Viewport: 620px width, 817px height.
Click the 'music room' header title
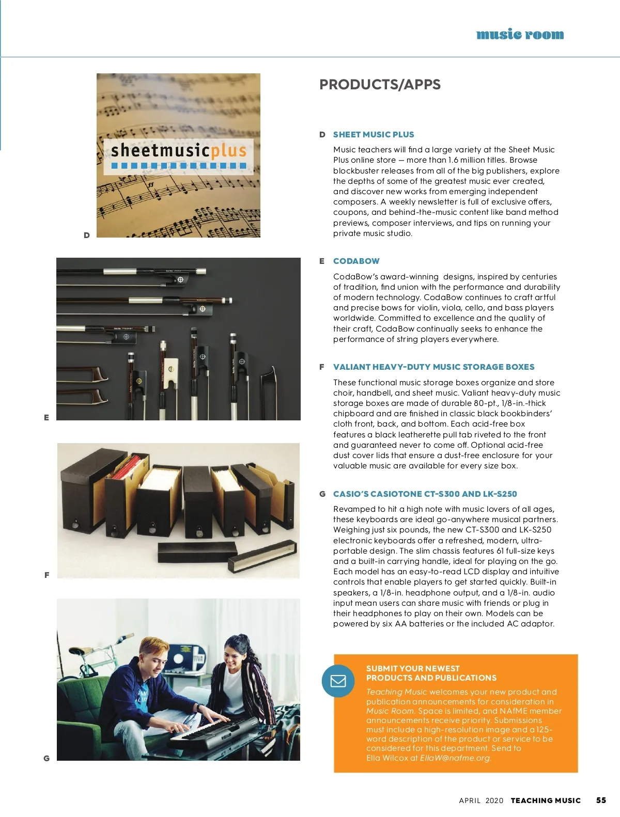520,35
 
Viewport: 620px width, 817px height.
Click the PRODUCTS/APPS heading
380,85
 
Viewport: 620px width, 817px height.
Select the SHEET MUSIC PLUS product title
374,135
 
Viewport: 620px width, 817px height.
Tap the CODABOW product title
356,261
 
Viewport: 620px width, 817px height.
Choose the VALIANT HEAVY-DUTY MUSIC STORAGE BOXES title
433,367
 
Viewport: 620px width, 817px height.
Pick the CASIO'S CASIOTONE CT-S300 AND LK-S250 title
425,494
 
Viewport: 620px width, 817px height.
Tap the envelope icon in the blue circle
338,681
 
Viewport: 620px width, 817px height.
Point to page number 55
601,800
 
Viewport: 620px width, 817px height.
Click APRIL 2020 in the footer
481,800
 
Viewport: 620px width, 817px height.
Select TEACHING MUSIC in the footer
546,800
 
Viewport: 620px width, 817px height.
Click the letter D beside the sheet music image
87,235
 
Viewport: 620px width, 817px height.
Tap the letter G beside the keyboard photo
47,758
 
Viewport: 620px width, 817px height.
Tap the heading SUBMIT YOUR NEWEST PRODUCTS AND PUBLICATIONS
431,673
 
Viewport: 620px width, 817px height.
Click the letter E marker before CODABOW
322,261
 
